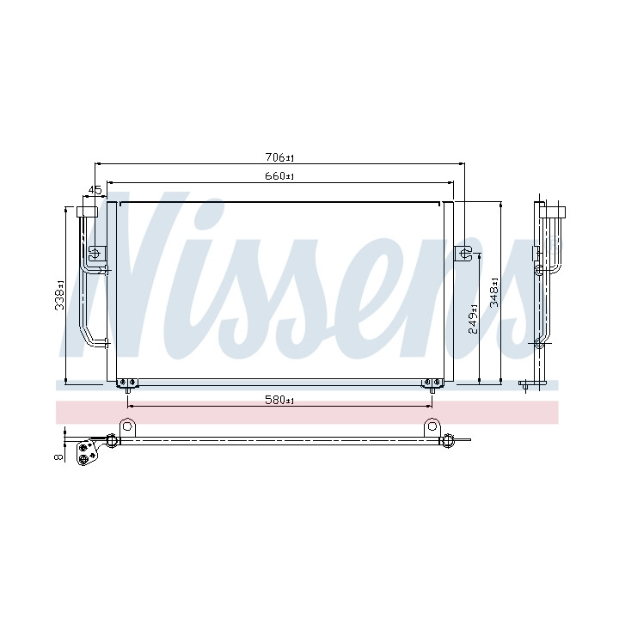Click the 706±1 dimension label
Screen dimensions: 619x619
[x=280, y=157]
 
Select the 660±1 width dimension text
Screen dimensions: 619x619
[x=279, y=176]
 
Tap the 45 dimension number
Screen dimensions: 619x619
[x=95, y=190]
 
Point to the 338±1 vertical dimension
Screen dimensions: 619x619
[x=59, y=295]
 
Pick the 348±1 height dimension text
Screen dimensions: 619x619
[x=494, y=292]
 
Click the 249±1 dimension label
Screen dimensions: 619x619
[x=473, y=319]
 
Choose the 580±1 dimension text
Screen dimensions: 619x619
[x=279, y=401]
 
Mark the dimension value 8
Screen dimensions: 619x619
[x=58, y=457]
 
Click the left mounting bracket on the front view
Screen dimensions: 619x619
[x=96, y=253]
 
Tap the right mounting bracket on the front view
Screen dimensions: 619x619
[x=463, y=253]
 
